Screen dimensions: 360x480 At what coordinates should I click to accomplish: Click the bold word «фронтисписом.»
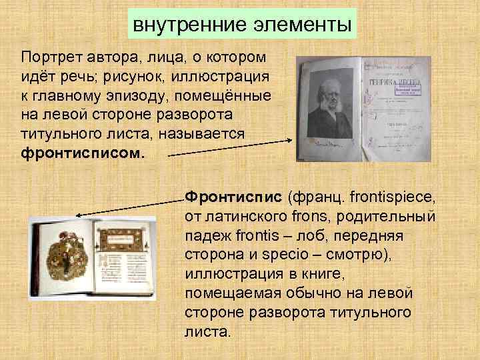tap(82, 153)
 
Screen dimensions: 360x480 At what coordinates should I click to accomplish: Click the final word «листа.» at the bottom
tap(207, 331)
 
